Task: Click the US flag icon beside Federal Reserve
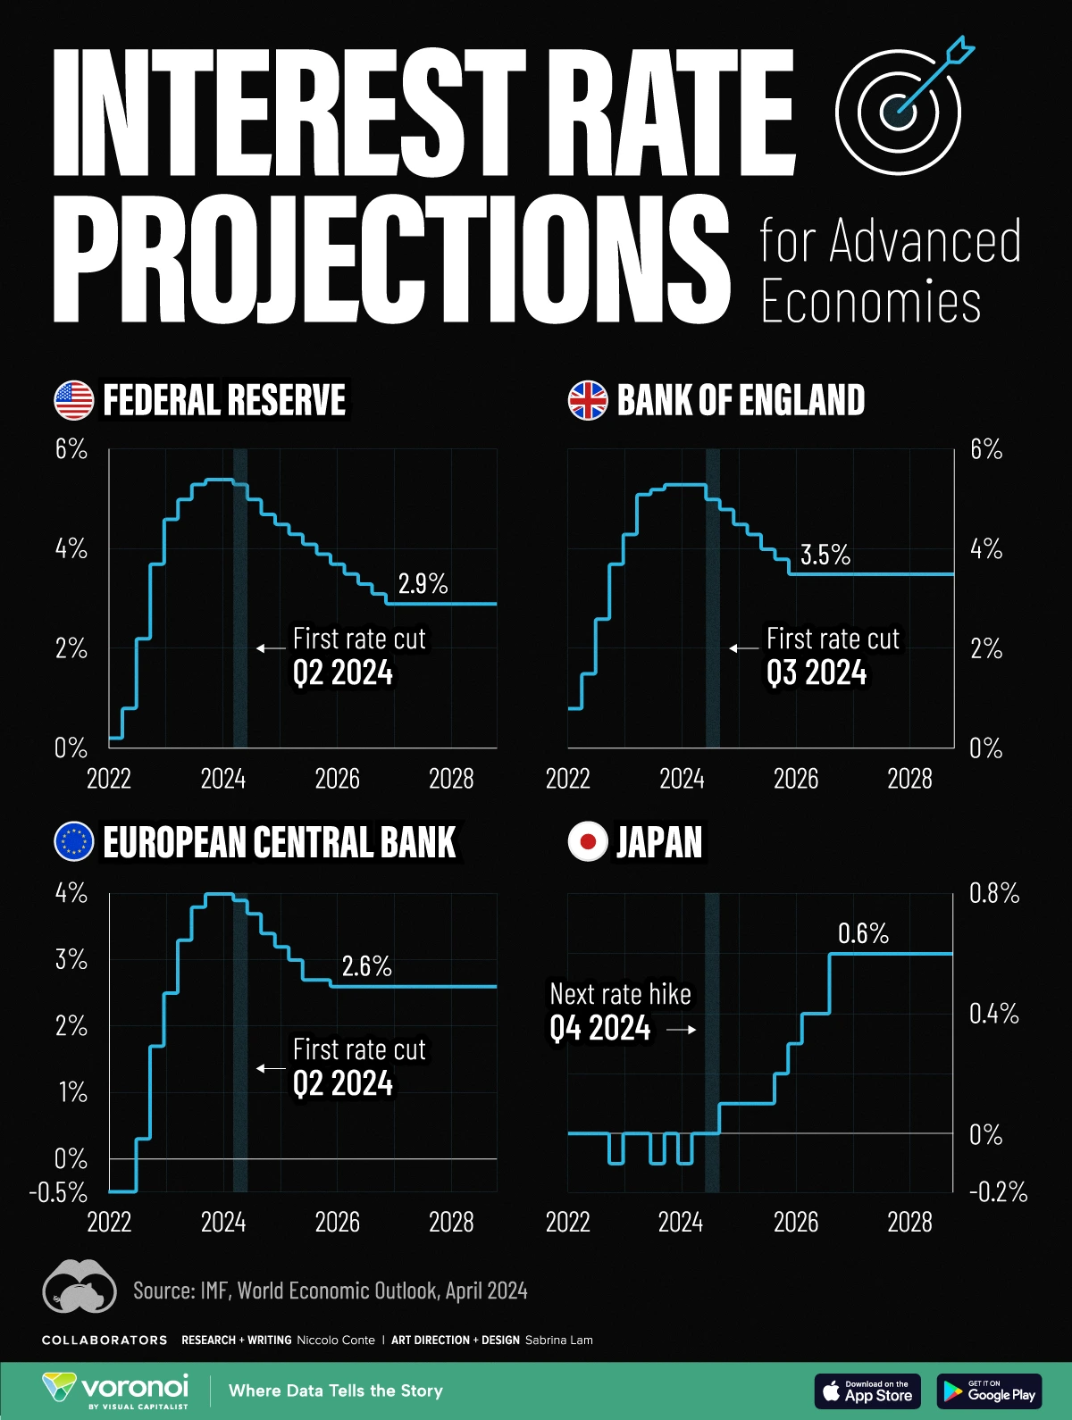pos(73,400)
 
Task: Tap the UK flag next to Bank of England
pos(588,400)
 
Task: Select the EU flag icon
pos(73,841)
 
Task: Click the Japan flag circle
pos(588,841)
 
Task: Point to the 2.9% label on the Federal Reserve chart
pos(423,583)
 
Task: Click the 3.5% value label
pos(825,555)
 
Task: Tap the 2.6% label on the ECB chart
pos(366,965)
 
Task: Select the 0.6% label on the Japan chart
pos(863,933)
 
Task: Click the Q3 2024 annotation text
pos(816,672)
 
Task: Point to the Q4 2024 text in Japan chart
pos(599,1029)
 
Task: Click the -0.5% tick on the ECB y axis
pos(59,1192)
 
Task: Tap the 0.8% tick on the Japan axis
pos(994,893)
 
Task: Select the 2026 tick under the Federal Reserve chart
pos(337,779)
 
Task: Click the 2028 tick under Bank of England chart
pos(909,779)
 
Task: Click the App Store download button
pos(867,1391)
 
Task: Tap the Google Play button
pos(989,1391)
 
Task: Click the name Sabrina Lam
pos(558,1340)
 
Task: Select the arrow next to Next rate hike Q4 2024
pos(681,1030)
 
